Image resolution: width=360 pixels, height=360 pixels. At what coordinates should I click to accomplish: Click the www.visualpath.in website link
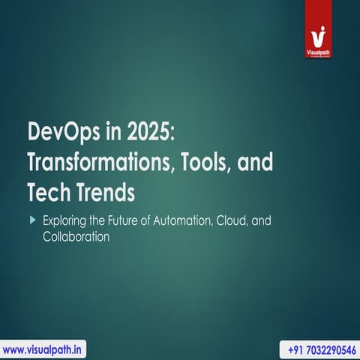[x=44, y=349]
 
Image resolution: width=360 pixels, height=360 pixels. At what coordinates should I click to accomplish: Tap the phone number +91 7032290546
[x=319, y=349]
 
